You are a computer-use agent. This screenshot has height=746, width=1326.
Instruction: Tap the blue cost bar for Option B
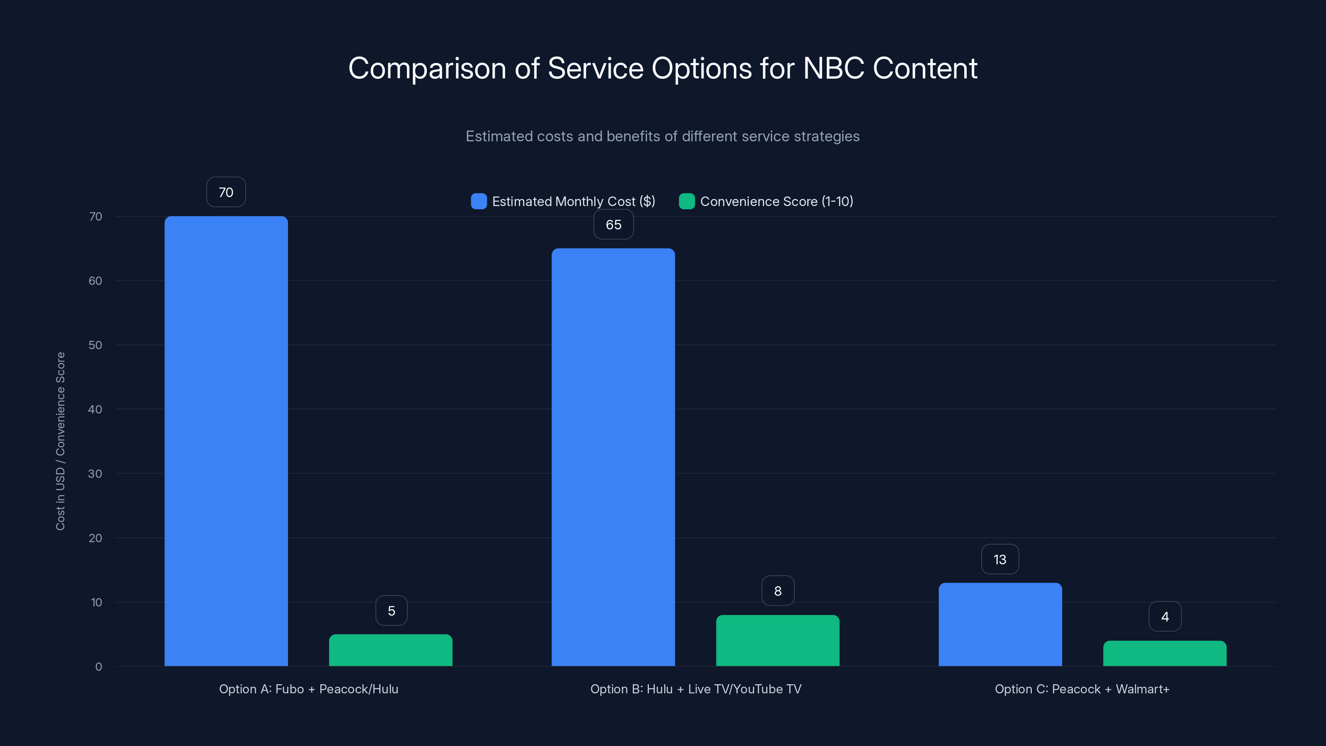point(613,457)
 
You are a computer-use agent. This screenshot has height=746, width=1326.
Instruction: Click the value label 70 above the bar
point(226,192)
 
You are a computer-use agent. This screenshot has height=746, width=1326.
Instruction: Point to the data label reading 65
point(613,225)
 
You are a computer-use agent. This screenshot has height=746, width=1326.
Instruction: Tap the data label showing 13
point(999,559)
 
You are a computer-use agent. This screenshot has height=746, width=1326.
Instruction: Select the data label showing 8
point(777,591)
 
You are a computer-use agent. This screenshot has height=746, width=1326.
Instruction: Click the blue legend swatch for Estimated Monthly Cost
point(479,201)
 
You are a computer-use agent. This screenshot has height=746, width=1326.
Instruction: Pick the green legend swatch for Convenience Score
point(687,201)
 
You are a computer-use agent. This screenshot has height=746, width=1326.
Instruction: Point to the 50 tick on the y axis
point(95,345)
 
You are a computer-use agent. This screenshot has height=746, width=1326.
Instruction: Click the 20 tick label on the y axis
point(95,538)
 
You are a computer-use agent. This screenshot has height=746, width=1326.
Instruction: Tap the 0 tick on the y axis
point(98,667)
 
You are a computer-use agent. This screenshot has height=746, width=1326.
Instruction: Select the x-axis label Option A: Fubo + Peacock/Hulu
point(308,689)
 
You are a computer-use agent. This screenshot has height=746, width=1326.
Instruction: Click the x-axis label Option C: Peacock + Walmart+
point(1082,689)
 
